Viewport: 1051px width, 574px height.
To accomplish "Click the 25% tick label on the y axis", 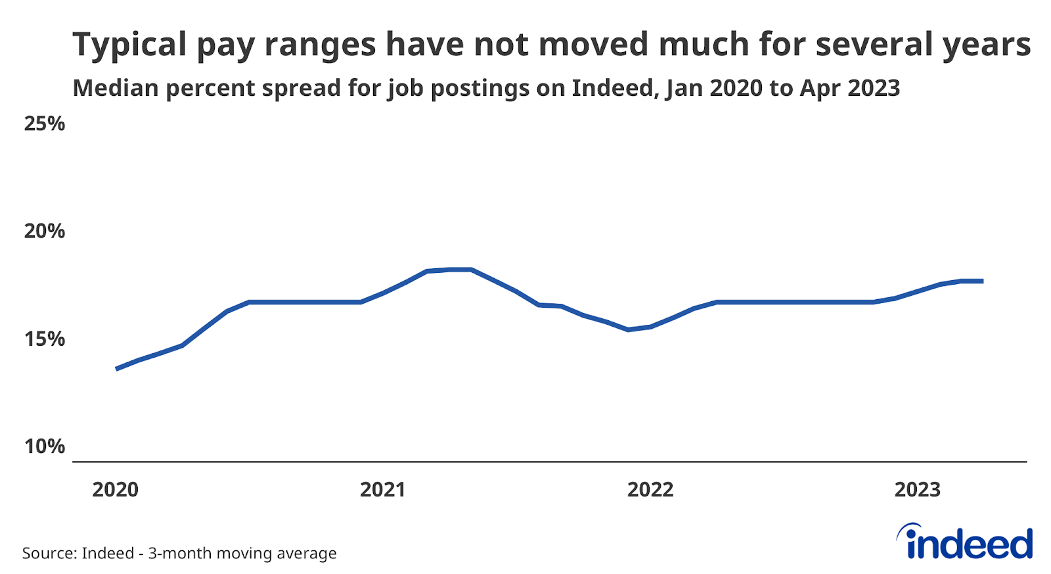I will tap(44, 124).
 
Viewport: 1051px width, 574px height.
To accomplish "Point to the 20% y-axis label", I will tap(44, 231).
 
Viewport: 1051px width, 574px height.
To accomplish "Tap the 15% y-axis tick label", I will tap(44, 339).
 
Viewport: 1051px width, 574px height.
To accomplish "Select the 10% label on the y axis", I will tap(44, 447).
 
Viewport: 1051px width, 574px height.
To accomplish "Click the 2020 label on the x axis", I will tap(116, 490).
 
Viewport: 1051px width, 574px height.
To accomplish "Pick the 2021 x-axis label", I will tap(383, 490).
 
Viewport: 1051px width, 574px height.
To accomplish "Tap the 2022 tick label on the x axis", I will tap(650, 490).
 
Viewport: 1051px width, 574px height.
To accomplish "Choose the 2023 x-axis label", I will tap(918, 490).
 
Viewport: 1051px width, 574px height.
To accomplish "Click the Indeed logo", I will tap(966, 542).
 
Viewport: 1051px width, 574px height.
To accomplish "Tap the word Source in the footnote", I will tap(47, 554).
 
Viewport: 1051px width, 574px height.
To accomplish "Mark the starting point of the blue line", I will tap(117, 369).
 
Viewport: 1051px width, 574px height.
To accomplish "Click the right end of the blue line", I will tap(982, 281).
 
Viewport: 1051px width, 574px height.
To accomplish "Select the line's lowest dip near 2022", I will tap(629, 329).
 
